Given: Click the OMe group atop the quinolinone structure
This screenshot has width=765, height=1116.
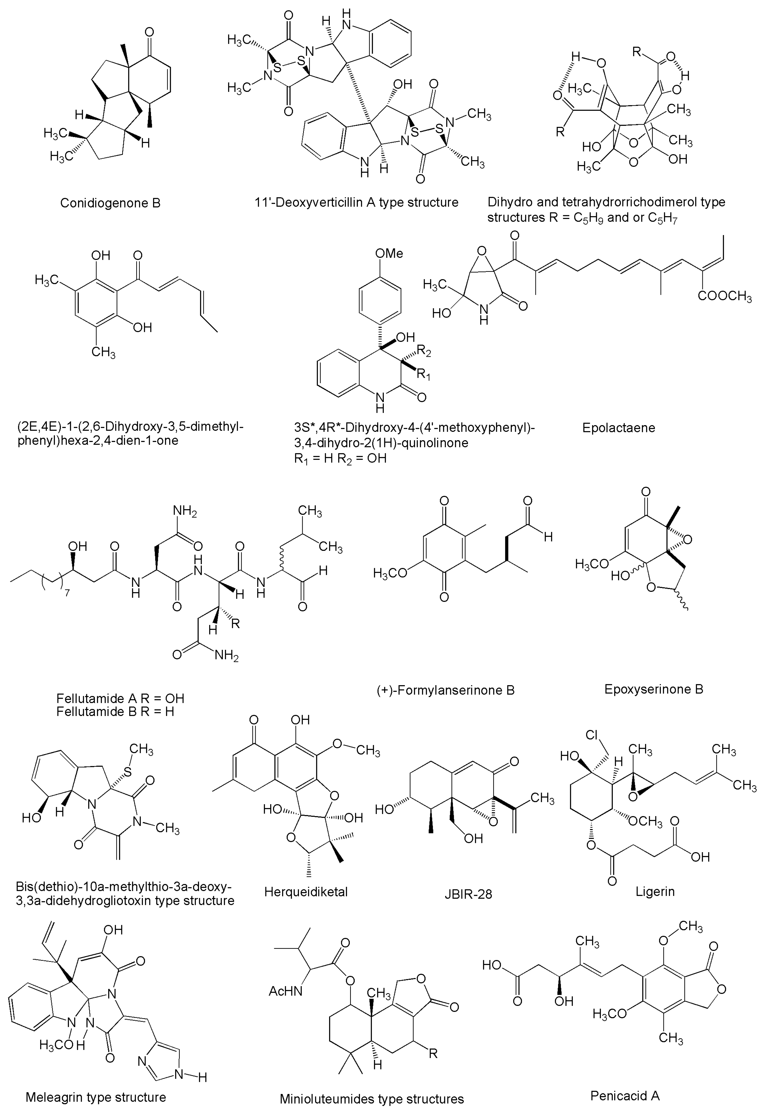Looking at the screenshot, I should (389, 254).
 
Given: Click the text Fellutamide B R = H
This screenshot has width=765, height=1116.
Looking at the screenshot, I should (115, 711).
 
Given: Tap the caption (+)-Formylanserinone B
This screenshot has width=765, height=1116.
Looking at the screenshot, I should (445, 690).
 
